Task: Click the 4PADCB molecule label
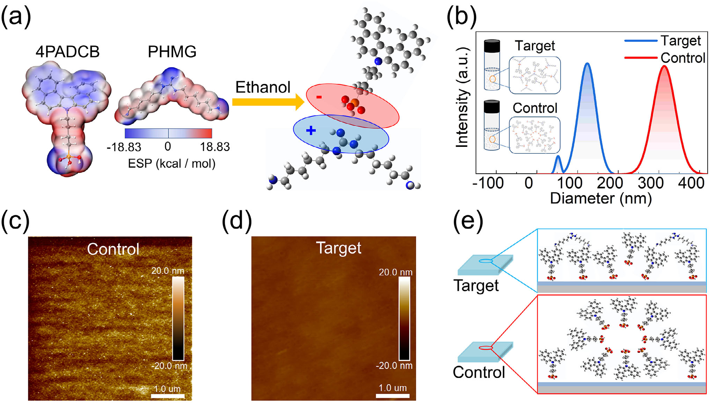pyautogui.click(x=67, y=52)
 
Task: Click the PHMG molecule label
pyautogui.click(x=172, y=52)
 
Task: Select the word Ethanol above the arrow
pyautogui.click(x=263, y=87)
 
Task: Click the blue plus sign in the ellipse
pyautogui.click(x=311, y=131)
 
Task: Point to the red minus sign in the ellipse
pyautogui.click(x=319, y=97)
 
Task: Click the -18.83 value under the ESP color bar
pyautogui.click(x=124, y=147)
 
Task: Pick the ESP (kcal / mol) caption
pyautogui.click(x=171, y=163)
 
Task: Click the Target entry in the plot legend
pyautogui.click(x=680, y=41)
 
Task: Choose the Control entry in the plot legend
pyautogui.click(x=682, y=58)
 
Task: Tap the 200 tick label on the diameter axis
pyautogui.click(x=610, y=183)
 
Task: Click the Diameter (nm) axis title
pyautogui.click(x=601, y=198)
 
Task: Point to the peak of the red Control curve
pyautogui.click(x=664, y=66)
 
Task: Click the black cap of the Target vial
pyautogui.click(x=492, y=46)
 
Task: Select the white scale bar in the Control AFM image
pyautogui.click(x=168, y=396)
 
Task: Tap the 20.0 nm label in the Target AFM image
pyautogui.click(x=396, y=272)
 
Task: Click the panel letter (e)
pyautogui.click(x=468, y=221)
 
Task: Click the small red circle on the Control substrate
pyautogui.click(x=485, y=348)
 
